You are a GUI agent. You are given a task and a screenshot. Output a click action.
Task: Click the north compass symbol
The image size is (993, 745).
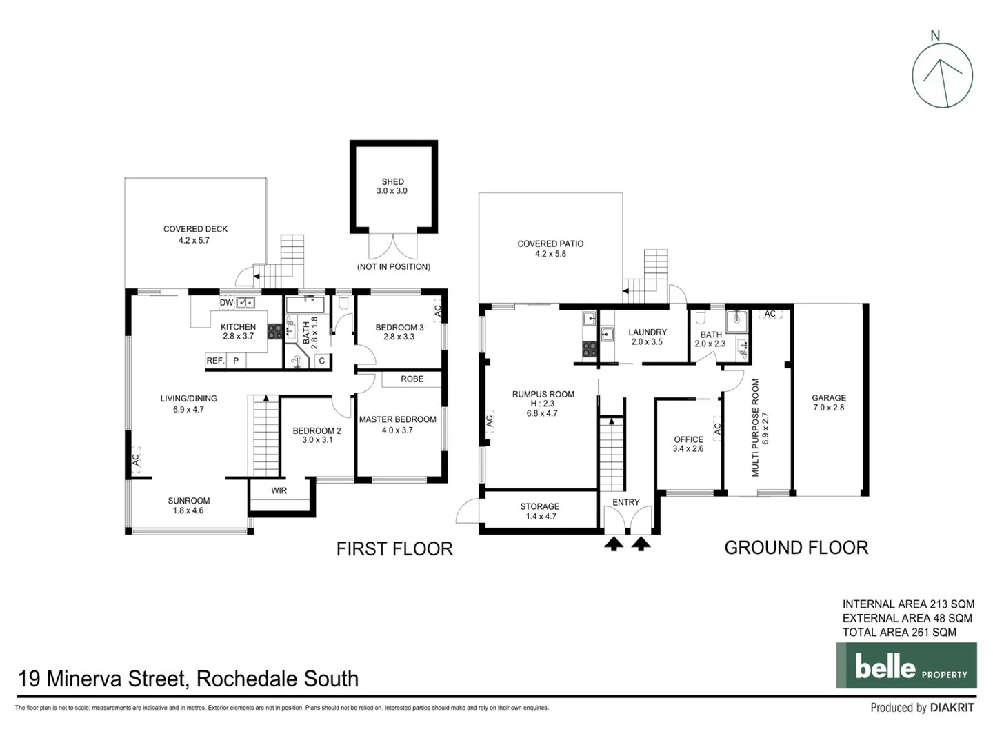point(942,75)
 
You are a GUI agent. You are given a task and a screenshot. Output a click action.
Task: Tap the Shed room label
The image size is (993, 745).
point(392,186)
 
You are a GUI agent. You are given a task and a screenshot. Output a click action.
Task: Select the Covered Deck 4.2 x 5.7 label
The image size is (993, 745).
point(195,235)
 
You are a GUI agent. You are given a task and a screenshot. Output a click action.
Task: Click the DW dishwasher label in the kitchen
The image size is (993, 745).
point(226,303)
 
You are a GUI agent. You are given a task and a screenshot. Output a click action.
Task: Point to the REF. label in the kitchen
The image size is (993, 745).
point(215,361)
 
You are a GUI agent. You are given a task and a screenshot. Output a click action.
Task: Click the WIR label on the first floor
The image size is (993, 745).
point(279,491)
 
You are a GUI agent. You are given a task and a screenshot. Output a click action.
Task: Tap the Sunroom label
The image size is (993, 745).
point(188,506)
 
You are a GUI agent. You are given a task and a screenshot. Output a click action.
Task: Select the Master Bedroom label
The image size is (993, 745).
point(397,424)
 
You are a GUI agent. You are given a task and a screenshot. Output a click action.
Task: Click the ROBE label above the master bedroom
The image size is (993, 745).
point(412,379)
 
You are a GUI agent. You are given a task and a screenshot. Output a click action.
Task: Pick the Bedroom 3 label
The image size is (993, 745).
point(399,332)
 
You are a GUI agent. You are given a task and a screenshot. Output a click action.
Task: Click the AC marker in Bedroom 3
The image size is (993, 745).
point(437,311)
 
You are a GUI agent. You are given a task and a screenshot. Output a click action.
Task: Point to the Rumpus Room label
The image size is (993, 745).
point(543,404)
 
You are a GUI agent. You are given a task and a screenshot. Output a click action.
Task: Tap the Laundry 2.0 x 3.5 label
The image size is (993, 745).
point(648,337)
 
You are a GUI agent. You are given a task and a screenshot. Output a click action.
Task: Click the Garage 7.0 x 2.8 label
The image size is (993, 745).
point(828,403)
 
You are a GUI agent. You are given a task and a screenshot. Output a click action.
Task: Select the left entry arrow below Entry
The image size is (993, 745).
point(614,544)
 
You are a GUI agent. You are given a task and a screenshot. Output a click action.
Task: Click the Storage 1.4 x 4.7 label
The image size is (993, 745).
point(540,511)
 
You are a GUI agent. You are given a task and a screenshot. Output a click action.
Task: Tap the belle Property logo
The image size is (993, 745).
point(906,666)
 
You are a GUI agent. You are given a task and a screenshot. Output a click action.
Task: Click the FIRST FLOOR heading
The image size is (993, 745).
point(394,549)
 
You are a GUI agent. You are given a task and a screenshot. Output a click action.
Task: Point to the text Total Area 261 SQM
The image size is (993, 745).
point(899,633)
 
